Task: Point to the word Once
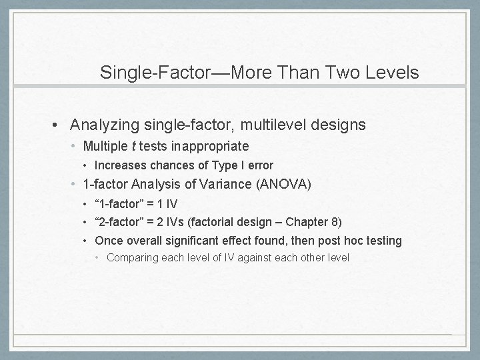(x=109, y=241)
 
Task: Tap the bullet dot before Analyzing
(x=60, y=125)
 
